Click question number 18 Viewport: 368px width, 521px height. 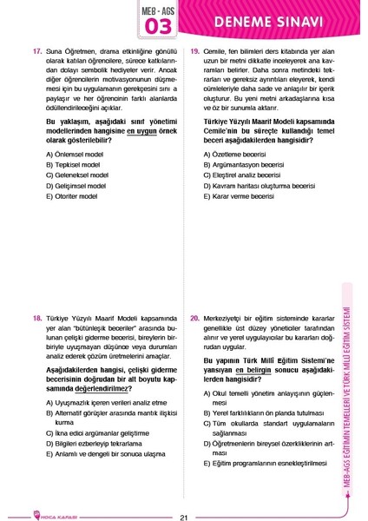pyautogui.click(x=36, y=319)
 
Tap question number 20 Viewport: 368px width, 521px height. pyautogui.click(x=195, y=319)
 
